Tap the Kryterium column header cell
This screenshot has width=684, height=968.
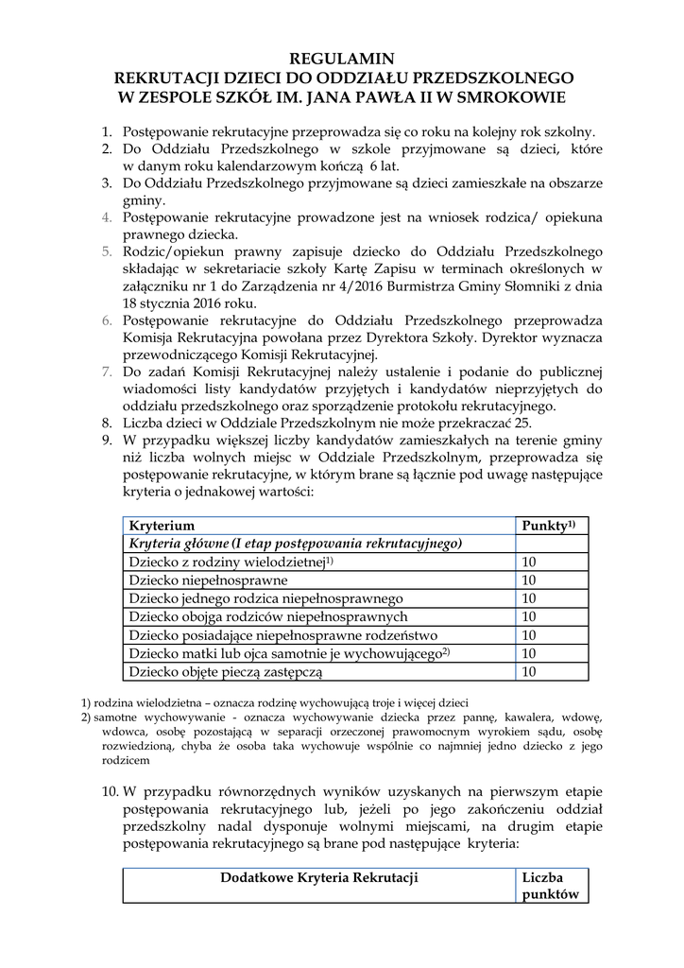162,526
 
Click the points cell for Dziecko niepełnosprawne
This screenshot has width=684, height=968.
529,580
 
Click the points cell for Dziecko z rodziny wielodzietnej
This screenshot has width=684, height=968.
529,562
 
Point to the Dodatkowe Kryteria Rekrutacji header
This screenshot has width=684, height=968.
319,878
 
